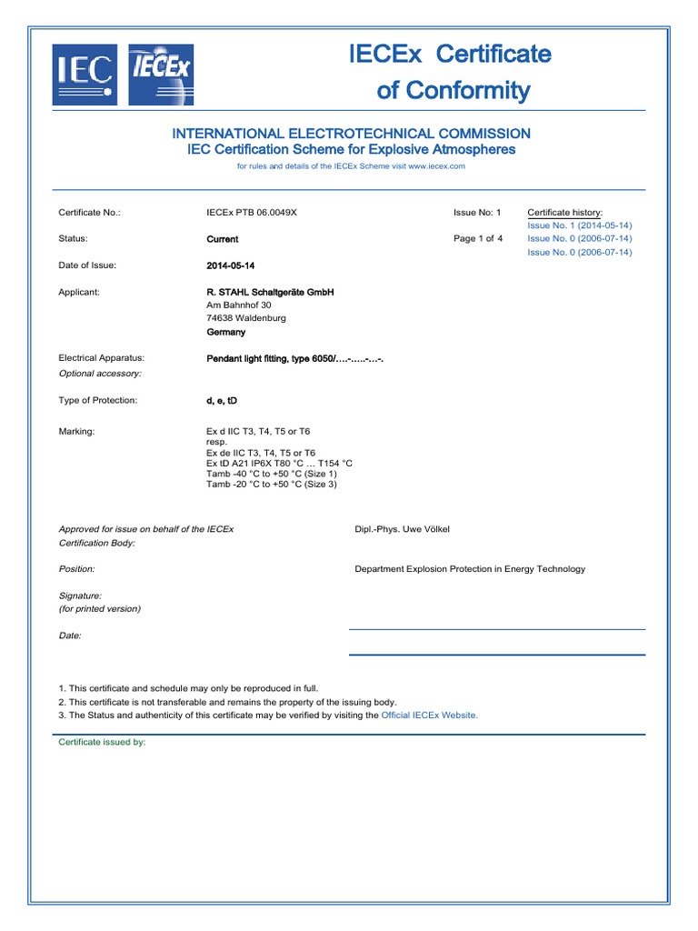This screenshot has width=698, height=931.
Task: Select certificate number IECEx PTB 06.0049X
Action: (252, 213)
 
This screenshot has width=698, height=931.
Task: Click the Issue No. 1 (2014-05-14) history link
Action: (579, 225)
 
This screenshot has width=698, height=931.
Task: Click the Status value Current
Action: (223, 239)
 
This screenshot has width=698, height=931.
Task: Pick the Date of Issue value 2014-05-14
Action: (231, 265)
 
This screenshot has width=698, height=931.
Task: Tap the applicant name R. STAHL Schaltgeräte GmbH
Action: (270, 292)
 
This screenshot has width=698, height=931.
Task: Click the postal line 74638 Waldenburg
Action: (246, 318)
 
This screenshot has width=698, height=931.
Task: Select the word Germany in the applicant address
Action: (226, 332)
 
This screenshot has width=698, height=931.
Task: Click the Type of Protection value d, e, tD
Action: (222, 400)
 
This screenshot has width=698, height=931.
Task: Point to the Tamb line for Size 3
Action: (272, 484)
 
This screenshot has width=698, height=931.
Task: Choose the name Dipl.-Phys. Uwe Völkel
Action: (402, 528)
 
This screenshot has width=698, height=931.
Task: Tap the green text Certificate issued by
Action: (102, 742)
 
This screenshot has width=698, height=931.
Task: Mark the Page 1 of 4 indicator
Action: (478, 239)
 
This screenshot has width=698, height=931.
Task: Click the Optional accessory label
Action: (100, 374)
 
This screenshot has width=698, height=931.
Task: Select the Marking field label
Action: (76, 431)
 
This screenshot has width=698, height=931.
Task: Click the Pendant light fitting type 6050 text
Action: (295, 358)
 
